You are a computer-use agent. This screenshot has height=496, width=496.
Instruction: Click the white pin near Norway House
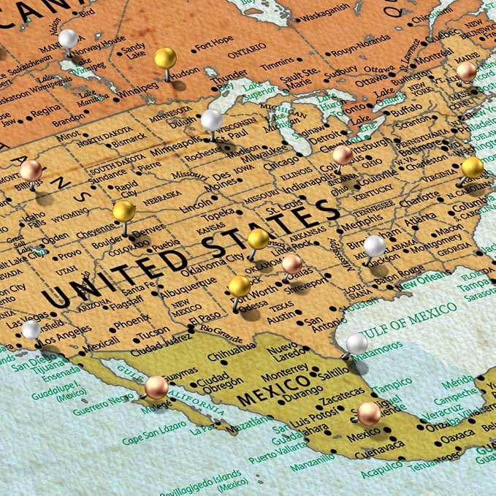(x=68, y=38)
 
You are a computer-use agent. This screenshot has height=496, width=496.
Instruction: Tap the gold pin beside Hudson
(x=166, y=58)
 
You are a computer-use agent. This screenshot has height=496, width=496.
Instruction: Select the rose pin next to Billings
(x=31, y=171)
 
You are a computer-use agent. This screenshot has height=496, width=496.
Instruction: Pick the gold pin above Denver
(x=124, y=212)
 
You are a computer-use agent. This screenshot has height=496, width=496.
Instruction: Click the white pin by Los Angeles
(x=31, y=329)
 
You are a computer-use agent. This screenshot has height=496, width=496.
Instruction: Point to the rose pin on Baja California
(x=156, y=386)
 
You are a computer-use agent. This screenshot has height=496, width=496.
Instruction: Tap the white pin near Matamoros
(x=357, y=343)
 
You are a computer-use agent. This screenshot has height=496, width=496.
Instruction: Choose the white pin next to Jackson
(x=375, y=245)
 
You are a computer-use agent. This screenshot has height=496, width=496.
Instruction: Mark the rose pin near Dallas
(x=292, y=263)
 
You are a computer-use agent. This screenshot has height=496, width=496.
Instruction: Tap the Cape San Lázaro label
(x=152, y=440)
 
